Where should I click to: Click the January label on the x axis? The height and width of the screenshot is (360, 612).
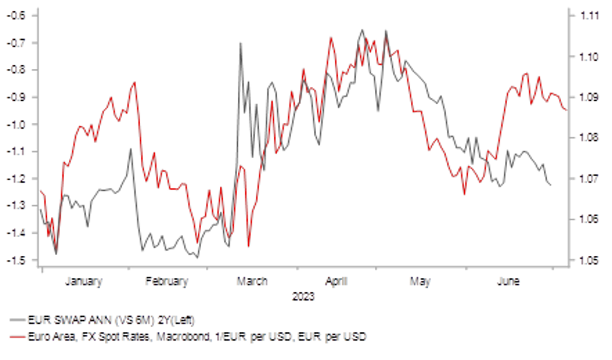click(x=83, y=281)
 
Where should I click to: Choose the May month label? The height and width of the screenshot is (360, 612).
click(x=420, y=281)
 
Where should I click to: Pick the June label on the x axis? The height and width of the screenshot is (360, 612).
click(x=509, y=281)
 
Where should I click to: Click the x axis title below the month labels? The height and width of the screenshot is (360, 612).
click(x=304, y=295)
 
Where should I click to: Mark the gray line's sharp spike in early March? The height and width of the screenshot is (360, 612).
click(x=241, y=42)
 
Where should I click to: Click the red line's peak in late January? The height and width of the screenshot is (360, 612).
click(x=135, y=81)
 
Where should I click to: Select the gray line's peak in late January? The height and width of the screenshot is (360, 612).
click(x=131, y=149)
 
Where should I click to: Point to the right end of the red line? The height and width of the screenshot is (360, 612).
click(x=564, y=110)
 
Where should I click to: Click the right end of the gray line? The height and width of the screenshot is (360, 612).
click(x=551, y=186)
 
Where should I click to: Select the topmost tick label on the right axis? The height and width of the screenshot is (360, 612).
click(x=590, y=16)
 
